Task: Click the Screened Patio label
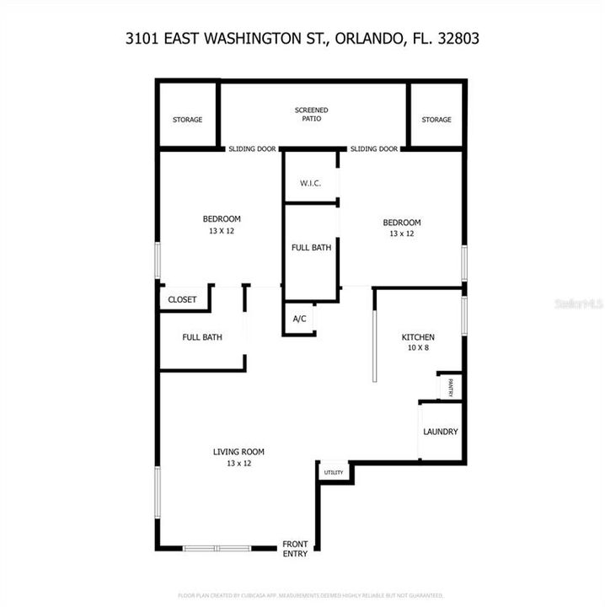pos(311,115)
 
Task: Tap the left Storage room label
pos(187,120)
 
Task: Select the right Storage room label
pos(436,120)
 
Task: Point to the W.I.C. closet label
pos(310,183)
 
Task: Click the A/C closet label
pos(299,319)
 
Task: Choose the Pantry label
pos(452,387)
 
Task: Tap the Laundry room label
pos(441,432)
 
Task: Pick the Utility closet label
pos(334,472)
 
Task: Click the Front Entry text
pos(295,549)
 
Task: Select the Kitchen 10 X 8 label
pos(417,341)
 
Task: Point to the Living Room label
pos(238,457)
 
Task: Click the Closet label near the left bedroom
pos(182,299)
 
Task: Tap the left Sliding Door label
pos(252,149)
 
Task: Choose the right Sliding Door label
pos(374,149)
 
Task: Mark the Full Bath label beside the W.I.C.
pos(311,248)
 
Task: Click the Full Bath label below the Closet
pos(202,337)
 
